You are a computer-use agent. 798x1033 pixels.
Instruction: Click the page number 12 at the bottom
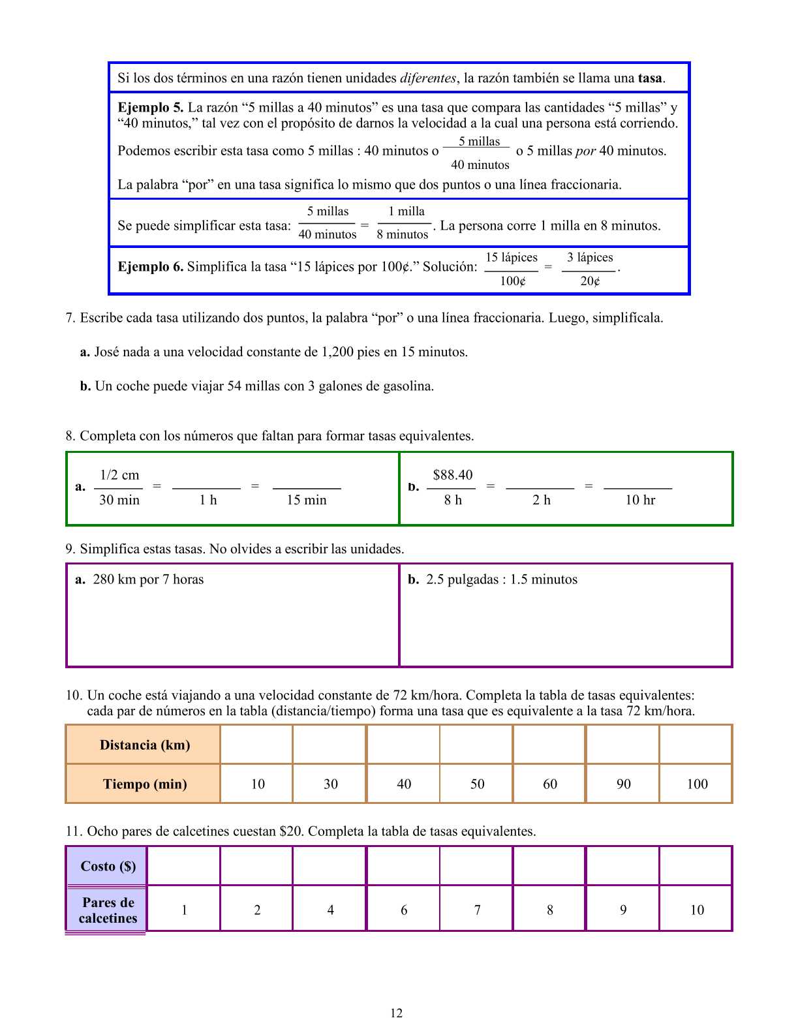point(397,1013)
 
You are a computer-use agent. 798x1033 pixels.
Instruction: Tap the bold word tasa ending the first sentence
point(650,78)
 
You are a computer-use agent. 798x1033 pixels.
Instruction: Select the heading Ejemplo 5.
point(150,108)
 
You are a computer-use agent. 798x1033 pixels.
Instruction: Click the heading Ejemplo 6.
point(150,267)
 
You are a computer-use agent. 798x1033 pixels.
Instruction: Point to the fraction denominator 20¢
point(590,281)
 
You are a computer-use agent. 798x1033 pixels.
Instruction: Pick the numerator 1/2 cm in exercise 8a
point(119,475)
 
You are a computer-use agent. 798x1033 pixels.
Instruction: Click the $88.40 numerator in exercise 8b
point(453,475)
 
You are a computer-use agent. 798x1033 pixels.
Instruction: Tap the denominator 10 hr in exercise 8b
point(640,500)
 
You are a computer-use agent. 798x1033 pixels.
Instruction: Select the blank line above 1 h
point(206,487)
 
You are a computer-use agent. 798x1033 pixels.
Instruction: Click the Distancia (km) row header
point(144,745)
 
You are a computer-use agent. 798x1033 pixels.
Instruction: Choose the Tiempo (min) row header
point(144,784)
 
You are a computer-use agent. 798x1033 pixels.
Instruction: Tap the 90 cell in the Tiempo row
point(623,784)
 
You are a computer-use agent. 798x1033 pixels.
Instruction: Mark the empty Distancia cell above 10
point(257,745)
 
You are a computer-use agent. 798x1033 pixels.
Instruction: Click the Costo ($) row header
point(108,866)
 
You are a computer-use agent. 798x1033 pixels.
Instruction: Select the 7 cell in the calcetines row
point(477,910)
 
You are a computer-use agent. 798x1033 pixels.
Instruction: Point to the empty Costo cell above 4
point(330,866)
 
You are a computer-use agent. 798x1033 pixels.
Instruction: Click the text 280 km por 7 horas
point(148,579)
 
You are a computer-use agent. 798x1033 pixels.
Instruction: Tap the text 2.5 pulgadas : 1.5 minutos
point(501,579)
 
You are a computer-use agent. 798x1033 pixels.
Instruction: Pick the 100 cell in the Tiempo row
point(697,784)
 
